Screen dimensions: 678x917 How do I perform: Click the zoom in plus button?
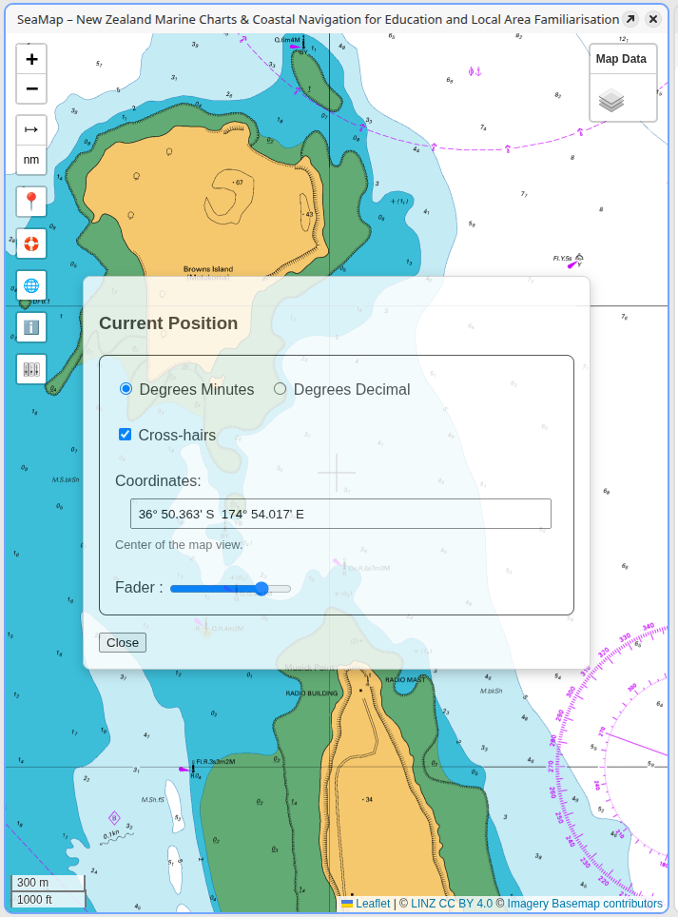coord(31,59)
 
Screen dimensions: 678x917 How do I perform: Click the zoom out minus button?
coord(31,88)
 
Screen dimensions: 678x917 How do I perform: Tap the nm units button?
coord(31,159)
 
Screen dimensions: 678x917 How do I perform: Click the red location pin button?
coord(31,202)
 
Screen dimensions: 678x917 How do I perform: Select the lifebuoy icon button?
coord(31,244)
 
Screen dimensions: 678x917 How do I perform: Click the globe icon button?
coord(31,285)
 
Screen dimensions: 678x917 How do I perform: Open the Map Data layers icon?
coord(611,100)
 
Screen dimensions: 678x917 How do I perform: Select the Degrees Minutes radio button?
coord(126,389)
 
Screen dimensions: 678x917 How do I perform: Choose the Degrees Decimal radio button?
coord(280,389)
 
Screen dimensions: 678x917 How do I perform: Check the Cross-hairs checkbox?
coord(125,435)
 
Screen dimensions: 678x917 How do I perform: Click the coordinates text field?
coord(340,514)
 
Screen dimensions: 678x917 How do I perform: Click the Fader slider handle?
coord(262,589)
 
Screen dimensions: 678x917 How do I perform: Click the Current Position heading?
coord(168,323)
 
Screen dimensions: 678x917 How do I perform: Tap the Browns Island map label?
coord(208,269)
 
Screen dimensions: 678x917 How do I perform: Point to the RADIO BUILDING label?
coord(312,693)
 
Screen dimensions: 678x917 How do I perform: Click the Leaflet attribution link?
coord(373,904)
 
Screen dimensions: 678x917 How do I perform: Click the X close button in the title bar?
coord(653,19)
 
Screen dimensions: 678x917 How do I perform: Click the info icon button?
coord(31,327)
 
